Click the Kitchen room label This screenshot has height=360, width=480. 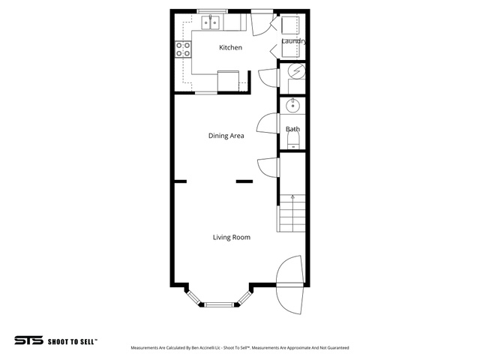[230, 47]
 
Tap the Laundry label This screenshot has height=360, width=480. [294, 41]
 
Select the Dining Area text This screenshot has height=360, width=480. [226, 136]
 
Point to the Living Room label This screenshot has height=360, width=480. [232, 237]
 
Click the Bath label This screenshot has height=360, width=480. [292, 129]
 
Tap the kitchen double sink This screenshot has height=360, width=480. [211, 22]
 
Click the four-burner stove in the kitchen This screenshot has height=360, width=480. [183, 49]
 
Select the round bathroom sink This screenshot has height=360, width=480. [293, 106]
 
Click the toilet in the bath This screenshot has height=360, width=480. [293, 142]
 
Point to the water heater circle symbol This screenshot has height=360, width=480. [297, 71]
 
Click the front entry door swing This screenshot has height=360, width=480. [289, 285]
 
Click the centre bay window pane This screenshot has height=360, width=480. [218, 304]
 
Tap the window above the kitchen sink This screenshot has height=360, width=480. [212, 11]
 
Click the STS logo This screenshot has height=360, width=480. [28, 340]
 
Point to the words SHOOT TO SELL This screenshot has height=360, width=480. [72, 342]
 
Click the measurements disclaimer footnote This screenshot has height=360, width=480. [240, 348]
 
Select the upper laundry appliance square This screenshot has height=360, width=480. [289, 25]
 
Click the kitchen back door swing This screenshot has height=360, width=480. [262, 25]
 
